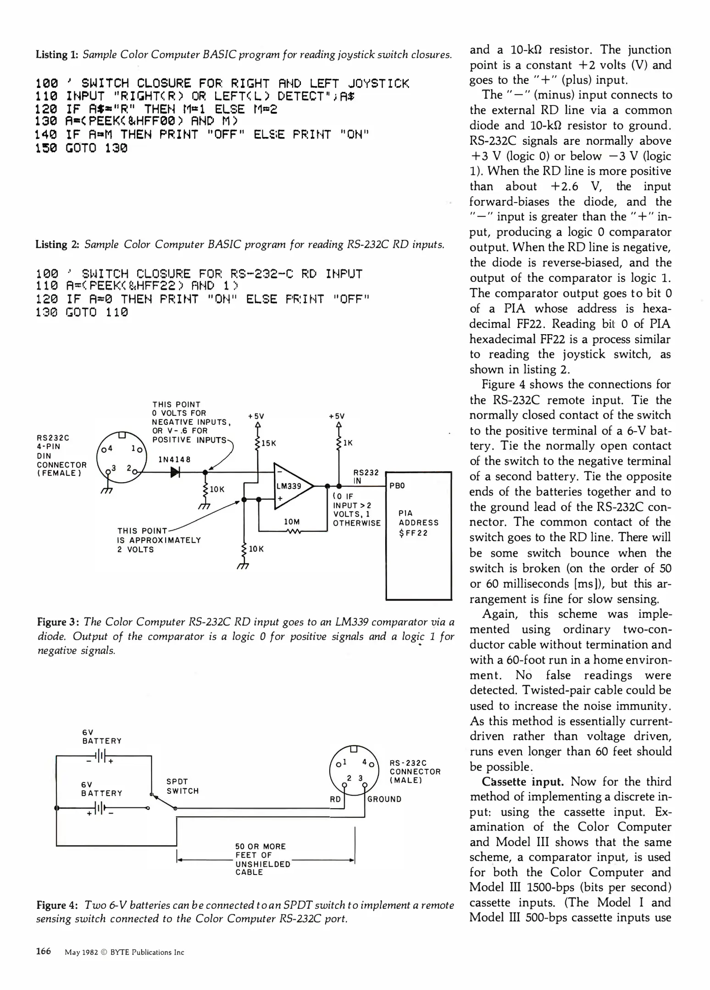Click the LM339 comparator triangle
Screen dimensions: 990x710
292,486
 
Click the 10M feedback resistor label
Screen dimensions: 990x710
292,522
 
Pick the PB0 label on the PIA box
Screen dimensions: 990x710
397,486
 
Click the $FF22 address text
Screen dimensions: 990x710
413,533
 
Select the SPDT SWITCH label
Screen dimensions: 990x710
183,786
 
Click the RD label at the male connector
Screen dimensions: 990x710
335,799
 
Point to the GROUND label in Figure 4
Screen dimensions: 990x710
384,799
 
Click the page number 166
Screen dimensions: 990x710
44,951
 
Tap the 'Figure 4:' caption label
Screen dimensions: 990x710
57,905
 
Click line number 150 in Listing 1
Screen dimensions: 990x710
46,148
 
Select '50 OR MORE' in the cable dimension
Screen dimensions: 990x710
261,846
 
